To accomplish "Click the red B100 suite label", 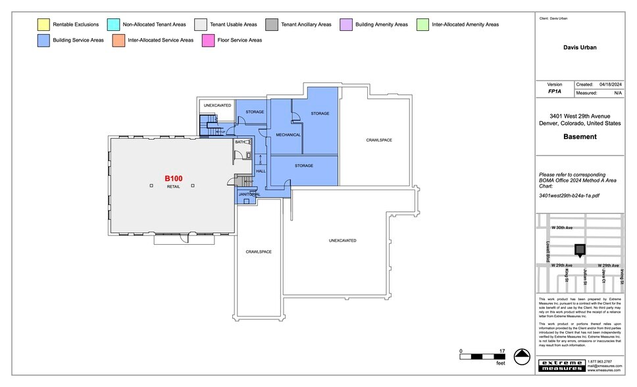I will [x=173, y=178].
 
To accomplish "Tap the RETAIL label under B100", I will [x=173, y=186].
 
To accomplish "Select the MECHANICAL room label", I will [x=288, y=135].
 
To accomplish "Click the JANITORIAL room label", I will [x=249, y=194].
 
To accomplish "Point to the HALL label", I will [x=261, y=171].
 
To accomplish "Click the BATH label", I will [x=240, y=142].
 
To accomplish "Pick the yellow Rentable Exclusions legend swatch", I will [x=42, y=24].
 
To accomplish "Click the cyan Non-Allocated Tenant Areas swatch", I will [x=113, y=24].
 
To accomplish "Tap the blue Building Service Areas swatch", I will [x=42, y=40].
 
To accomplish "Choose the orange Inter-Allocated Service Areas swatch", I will [x=118, y=40].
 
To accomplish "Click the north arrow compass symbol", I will [x=522, y=357].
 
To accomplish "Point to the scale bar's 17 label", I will [x=502, y=351].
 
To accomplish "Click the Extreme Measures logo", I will [x=561, y=365].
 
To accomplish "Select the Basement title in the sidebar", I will [x=580, y=137].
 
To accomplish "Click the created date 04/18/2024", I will [x=610, y=85].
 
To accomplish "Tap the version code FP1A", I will [x=555, y=93].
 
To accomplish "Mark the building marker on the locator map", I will [x=579, y=249].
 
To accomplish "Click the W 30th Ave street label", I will [x=562, y=228].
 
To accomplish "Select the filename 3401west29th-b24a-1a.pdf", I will [x=569, y=195].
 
